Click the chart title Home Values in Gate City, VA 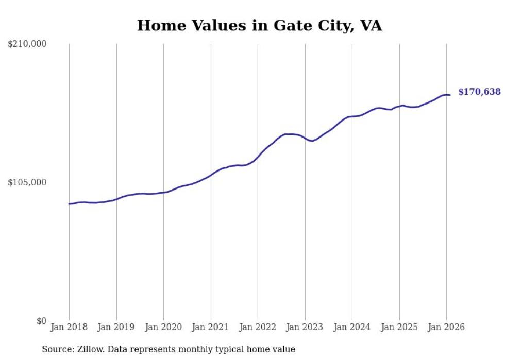click(259, 26)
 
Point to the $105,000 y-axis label click(27, 182)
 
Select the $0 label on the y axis click(41, 321)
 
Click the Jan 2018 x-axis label click(69, 327)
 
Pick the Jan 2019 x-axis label click(116, 327)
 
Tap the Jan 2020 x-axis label click(163, 327)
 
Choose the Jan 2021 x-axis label click(211, 327)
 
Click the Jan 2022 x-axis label click(258, 327)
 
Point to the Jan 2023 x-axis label click(305, 327)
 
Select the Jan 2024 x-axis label click(352, 327)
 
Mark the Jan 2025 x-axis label click(399, 327)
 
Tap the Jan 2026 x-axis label click(446, 327)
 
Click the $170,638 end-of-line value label click(479, 92)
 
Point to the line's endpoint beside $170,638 click(450, 95)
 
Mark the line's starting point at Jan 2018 click(69, 204)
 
